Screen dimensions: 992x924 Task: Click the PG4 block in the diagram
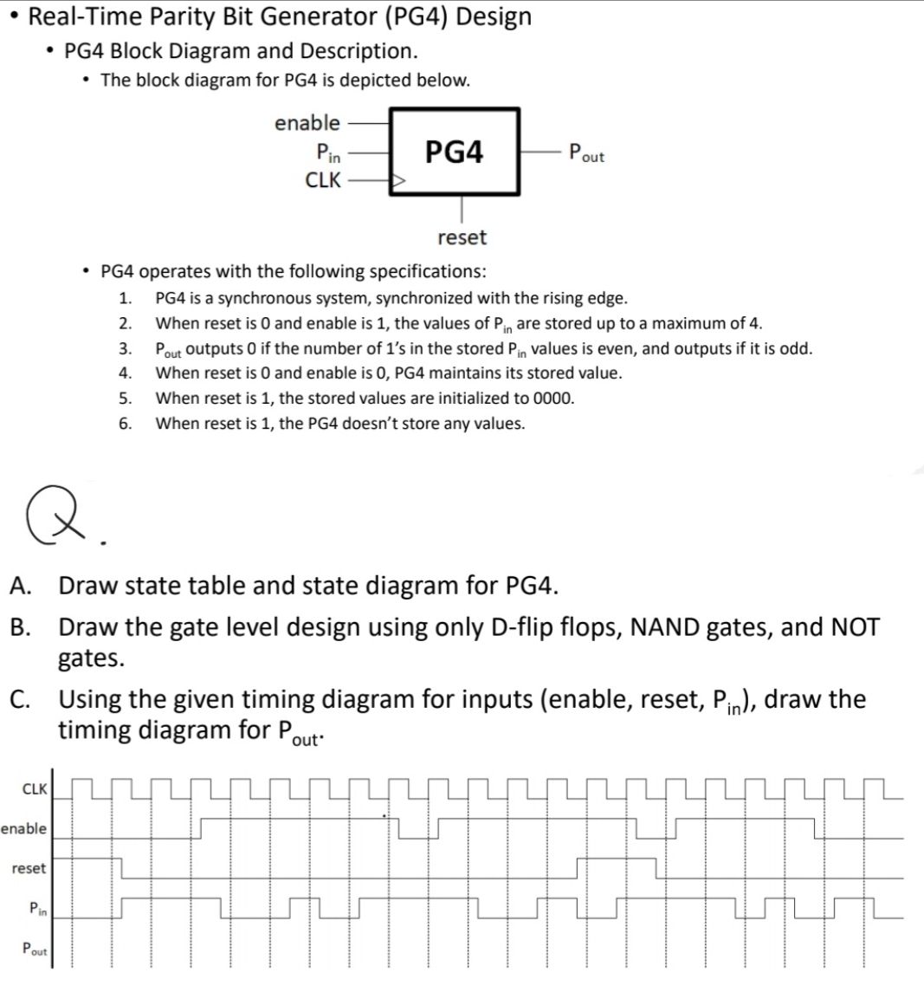coord(455,153)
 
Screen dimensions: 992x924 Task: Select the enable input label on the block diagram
coord(307,123)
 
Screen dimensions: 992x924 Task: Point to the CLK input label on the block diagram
coord(323,181)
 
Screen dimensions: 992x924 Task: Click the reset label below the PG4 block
coord(462,237)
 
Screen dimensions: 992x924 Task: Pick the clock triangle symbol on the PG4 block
coord(399,182)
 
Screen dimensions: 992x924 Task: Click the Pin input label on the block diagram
coord(328,153)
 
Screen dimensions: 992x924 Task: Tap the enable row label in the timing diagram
coord(24,828)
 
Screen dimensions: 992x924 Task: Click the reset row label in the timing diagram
coord(29,868)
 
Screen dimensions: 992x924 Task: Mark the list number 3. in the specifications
coord(126,349)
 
